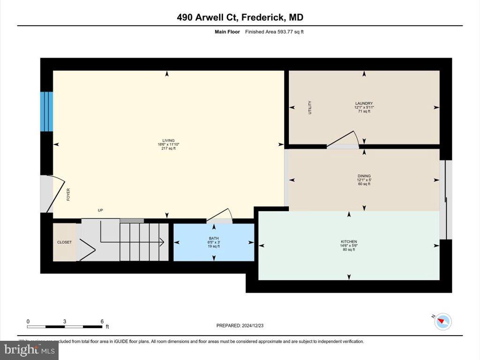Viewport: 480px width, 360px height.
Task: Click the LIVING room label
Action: pyautogui.click(x=168, y=140)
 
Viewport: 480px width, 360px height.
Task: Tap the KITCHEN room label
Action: pyautogui.click(x=348, y=242)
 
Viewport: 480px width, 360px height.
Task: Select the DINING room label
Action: pyautogui.click(x=364, y=176)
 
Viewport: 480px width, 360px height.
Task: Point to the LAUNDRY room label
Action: pyautogui.click(x=364, y=103)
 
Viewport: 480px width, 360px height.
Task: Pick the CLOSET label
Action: pyautogui.click(x=64, y=242)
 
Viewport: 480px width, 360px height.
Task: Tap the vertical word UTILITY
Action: pyautogui.click(x=310, y=107)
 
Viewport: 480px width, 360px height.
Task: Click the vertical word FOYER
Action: pyautogui.click(x=68, y=195)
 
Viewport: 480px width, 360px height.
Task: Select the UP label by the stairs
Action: pyautogui.click(x=100, y=210)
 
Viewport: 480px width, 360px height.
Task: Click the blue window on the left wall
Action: pyautogui.click(x=46, y=111)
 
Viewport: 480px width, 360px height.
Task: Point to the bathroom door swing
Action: pyautogui.click(x=218, y=216)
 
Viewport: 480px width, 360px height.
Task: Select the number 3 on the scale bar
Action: pyautogui.click(x=65, y=321)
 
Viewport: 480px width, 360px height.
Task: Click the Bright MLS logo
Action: pyautogui.click(x=30, y=350)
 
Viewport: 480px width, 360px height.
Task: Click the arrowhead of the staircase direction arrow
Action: pyautogui.click(x=161, y=242)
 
